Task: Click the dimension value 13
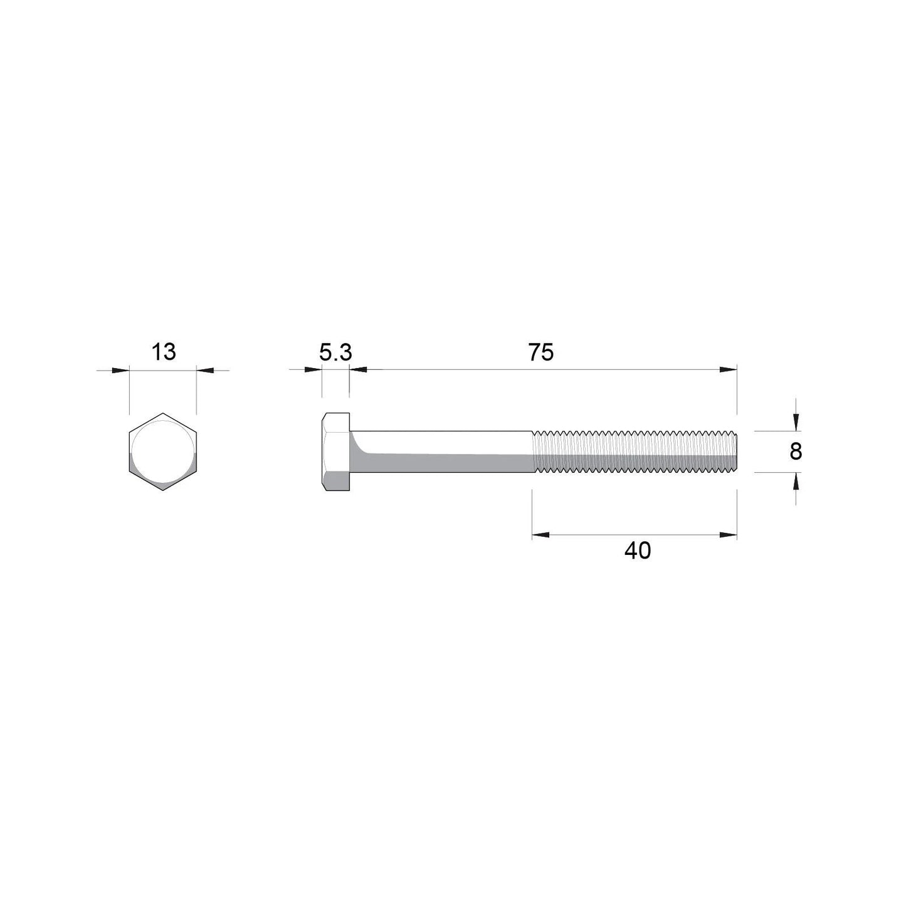(164, 352)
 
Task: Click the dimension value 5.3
(335, 353)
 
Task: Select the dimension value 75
(540, 353)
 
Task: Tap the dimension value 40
(638, 551)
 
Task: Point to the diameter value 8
(796, 451)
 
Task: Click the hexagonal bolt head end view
(163, 451)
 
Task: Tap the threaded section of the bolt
(633, 451)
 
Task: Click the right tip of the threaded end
(735, 451)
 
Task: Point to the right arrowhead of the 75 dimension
(729, 370)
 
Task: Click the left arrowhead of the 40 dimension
(540, 535)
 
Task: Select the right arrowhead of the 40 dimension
(729, 535)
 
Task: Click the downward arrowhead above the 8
(796, 423)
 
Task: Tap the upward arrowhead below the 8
(796, 480)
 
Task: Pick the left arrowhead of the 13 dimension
(121, 370)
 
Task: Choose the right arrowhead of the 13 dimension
(205, 370)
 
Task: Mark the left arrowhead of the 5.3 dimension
(313, 370)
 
